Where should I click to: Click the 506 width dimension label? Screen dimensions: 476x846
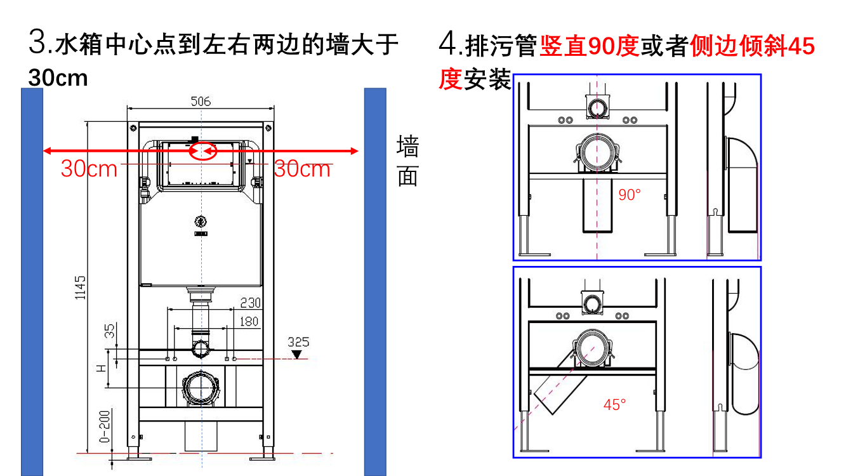(201, 101)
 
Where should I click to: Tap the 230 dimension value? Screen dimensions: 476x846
(249, 303)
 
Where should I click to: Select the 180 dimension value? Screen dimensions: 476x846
(248, 321)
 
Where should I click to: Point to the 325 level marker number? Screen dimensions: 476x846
(298, 342)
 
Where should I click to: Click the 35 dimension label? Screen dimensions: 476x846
(110, 331)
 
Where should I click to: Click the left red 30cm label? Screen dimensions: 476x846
(89, 169)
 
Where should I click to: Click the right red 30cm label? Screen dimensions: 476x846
(302, 169)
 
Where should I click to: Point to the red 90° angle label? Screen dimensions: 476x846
(630, 195)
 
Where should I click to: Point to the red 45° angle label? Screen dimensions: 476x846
(614, 404)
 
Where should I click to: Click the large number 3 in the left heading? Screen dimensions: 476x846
(37, 44)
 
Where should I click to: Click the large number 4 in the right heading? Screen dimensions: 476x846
(447, 45)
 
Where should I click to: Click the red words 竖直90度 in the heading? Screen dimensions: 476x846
(589, 46)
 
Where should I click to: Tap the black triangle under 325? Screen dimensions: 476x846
(298, 354)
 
